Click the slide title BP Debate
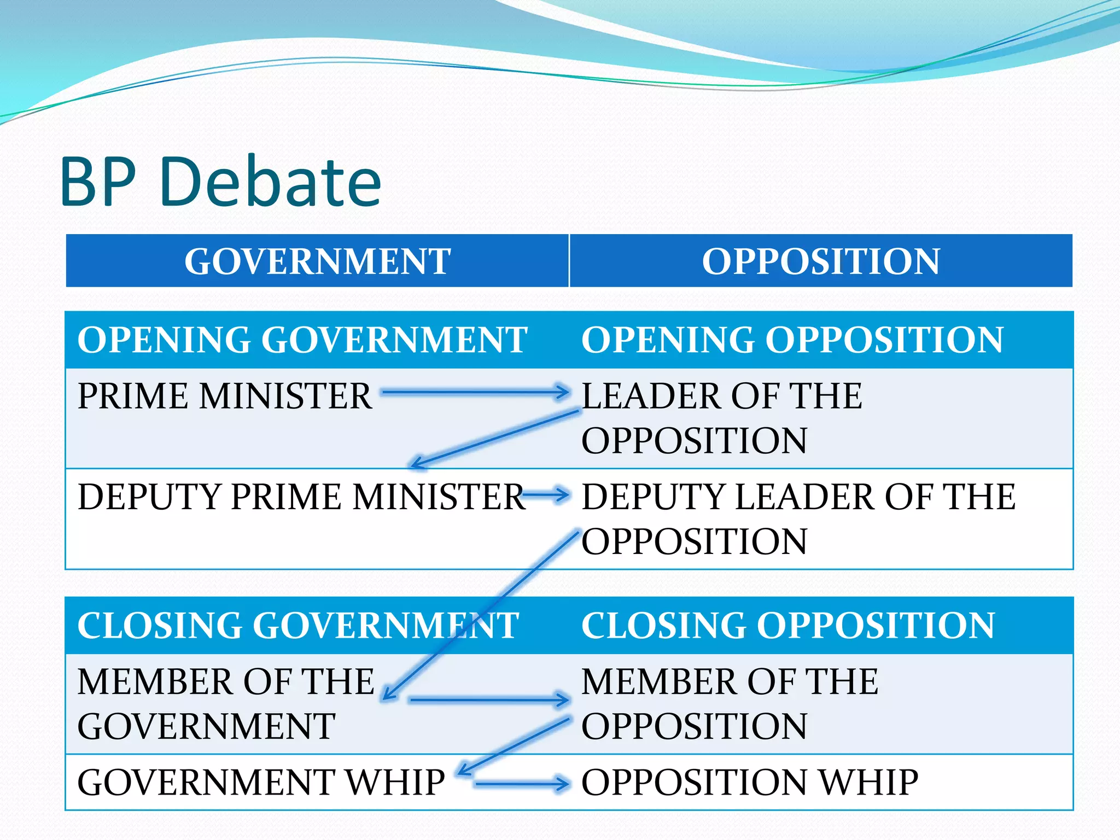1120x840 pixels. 220,182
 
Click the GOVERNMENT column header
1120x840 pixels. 317,261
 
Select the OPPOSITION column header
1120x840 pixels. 820,261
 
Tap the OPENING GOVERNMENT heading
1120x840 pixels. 302,340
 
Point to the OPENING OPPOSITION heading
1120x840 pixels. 792,340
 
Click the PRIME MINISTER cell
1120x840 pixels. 224,396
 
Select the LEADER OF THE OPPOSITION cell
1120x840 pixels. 722,418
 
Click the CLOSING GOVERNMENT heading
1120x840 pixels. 298,626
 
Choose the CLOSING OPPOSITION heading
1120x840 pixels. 788,626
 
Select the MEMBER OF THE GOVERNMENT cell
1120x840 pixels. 225,704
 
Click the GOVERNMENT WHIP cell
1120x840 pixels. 261,782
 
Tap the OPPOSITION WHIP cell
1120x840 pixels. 750,782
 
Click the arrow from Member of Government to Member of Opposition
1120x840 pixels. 489,699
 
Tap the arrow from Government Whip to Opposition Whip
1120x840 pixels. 522,784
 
